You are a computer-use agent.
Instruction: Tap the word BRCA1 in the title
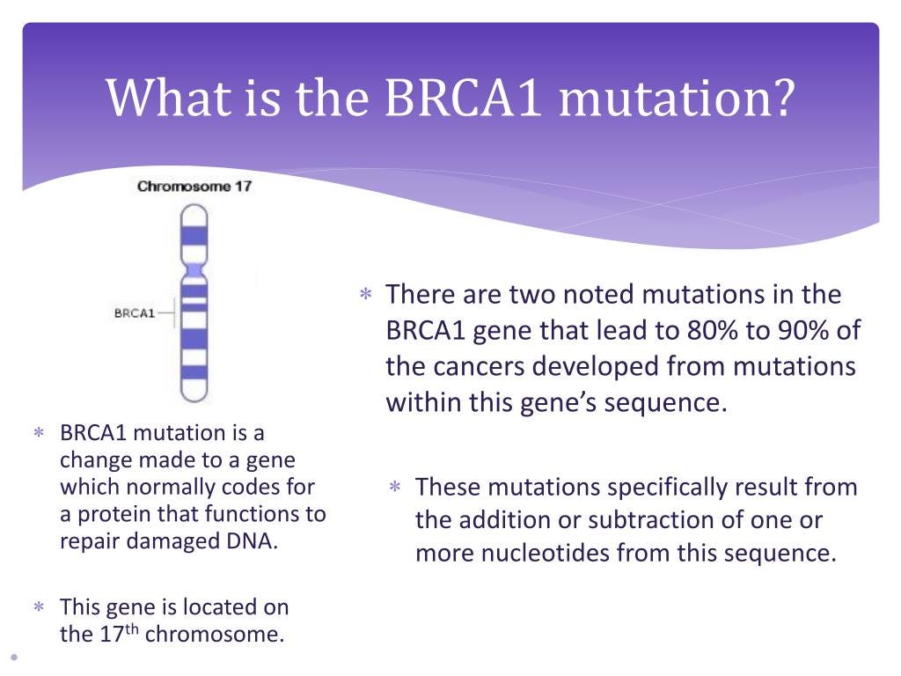coord(463,97)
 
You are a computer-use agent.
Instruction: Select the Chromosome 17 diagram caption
coord(194,187)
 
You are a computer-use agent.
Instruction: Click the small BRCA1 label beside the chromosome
coord(135,313)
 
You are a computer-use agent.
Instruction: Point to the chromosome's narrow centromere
coord(194,269)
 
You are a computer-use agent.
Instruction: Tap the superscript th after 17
coord(132,628)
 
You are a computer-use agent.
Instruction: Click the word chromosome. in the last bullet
coord(215,634)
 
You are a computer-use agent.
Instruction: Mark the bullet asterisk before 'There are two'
coord(365,294)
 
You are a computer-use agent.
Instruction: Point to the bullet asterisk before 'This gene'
coord(39,606)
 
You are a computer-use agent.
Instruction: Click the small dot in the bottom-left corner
coord(14,657)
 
